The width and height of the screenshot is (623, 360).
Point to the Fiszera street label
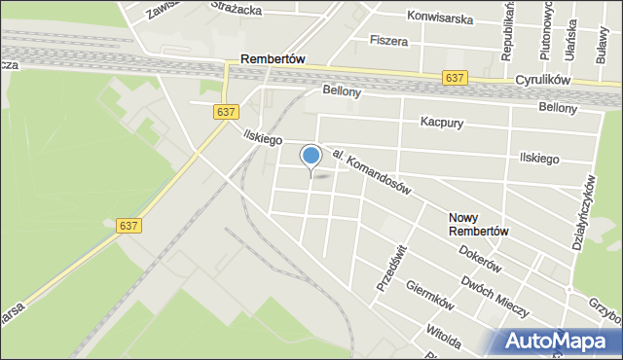(388, 41)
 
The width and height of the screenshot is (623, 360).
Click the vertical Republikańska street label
(507, 31)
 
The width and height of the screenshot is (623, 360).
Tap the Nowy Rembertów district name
(479, 224)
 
